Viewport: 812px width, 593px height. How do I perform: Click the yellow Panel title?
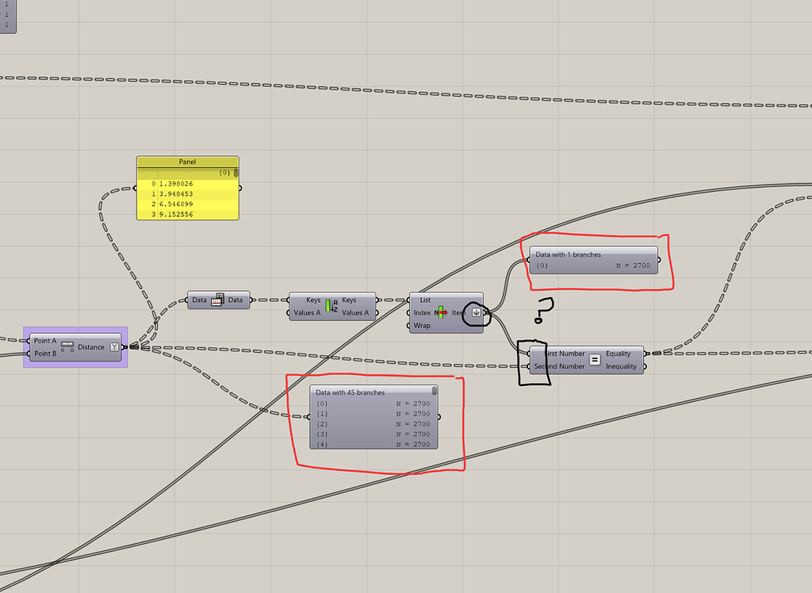(187, 162)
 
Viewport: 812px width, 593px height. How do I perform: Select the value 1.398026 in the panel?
(176, 183)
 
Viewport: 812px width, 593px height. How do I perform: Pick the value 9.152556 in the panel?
(176, 214)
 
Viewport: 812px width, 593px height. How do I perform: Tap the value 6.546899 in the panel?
(176, 204)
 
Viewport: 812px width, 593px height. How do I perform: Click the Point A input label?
(45, 341)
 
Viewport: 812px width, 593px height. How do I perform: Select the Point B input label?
(45, 354)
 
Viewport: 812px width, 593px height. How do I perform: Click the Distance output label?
(91, 347)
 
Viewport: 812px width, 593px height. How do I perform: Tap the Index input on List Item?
(422, 313)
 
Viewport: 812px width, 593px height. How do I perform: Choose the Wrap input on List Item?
(422, 326)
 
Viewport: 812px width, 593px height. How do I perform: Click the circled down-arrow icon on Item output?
(476, 312)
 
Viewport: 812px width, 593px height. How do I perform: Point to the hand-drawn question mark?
(542, 310)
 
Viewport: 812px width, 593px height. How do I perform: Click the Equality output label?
(619, 354)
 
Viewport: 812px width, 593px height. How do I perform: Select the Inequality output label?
(621, 366)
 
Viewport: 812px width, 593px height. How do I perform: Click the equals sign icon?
(595, 360)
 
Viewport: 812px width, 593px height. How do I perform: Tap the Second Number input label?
(559, 366)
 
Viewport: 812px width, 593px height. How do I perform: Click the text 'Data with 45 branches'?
(350, 392)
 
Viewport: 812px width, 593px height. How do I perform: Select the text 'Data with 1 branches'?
(569, 254)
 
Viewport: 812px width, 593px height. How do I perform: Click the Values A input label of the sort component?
(307, 312)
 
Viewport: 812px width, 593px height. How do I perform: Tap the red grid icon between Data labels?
(218, 300)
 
